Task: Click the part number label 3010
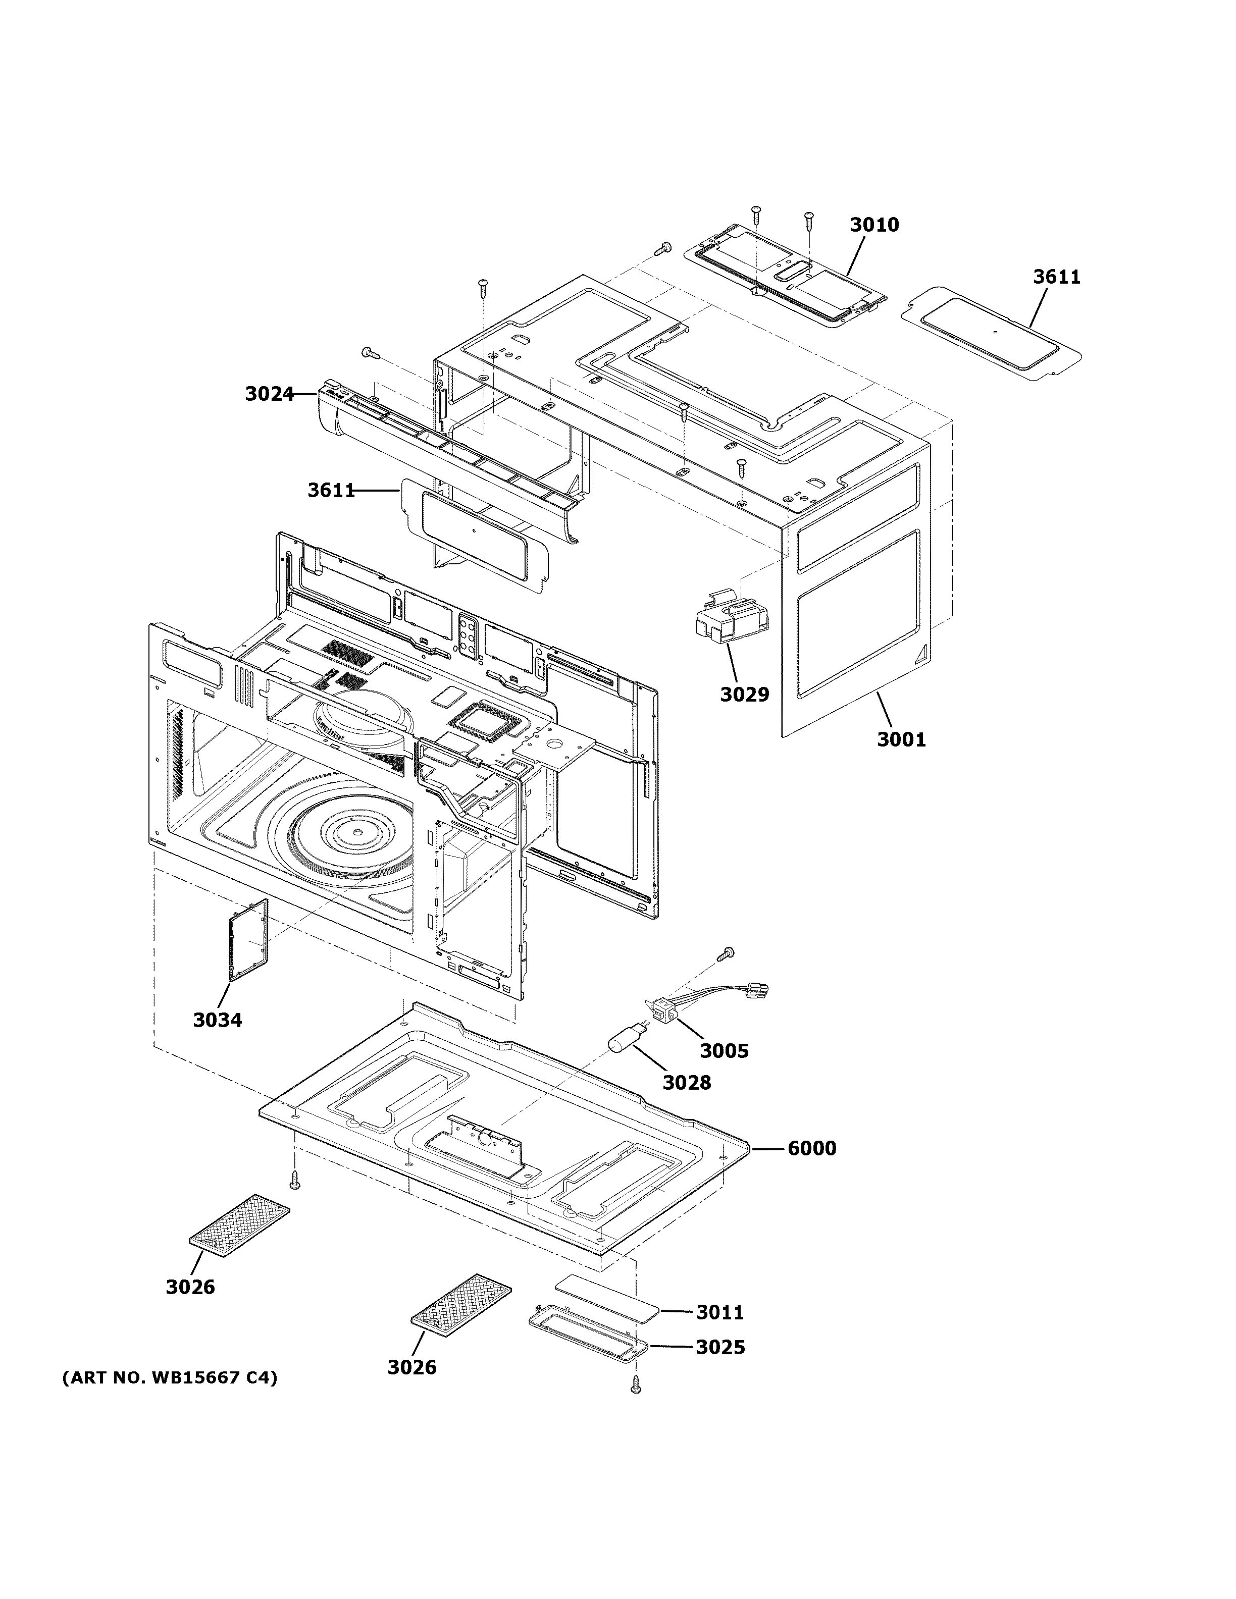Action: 873,225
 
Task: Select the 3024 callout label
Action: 269,395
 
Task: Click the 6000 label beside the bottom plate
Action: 811,1148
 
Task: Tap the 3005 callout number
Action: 724,1051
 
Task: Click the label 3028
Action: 686,1082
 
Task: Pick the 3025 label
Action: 720,1347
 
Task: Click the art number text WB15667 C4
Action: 169,1378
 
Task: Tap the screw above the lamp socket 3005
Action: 727,952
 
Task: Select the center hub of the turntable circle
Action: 355,832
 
